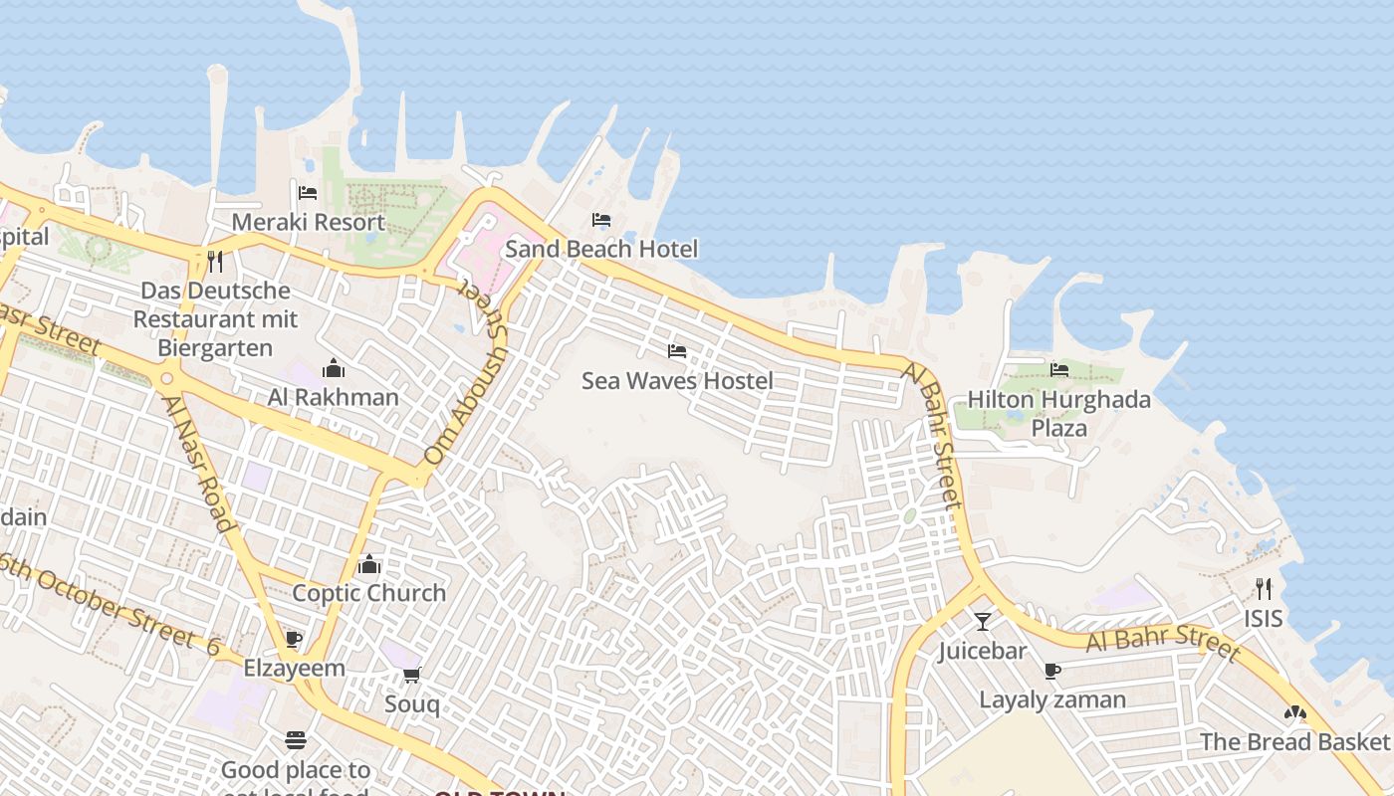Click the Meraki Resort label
[x=308, y=222]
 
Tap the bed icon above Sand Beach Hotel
[x=600, y=220]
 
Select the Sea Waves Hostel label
[x=677, y=381]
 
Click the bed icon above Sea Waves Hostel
[x=677, y=351]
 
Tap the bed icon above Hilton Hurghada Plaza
[x=1058, y=370]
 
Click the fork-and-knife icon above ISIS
[x=1264, y=588]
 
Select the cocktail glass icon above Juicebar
[x=983, y=622]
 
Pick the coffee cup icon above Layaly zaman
[x=1052, y=672]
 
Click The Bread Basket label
[x=1293, y=742]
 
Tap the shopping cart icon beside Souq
[x=412, y=676]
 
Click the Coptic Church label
[x=369, y=593]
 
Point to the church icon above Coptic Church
[x=369, y=565]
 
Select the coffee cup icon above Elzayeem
[x=293, y=639]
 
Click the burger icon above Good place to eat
[x=296, y=740]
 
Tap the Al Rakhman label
[x=333, y=397]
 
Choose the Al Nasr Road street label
[x=198, y=463]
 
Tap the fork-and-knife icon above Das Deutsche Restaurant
[x=215, y=262]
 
